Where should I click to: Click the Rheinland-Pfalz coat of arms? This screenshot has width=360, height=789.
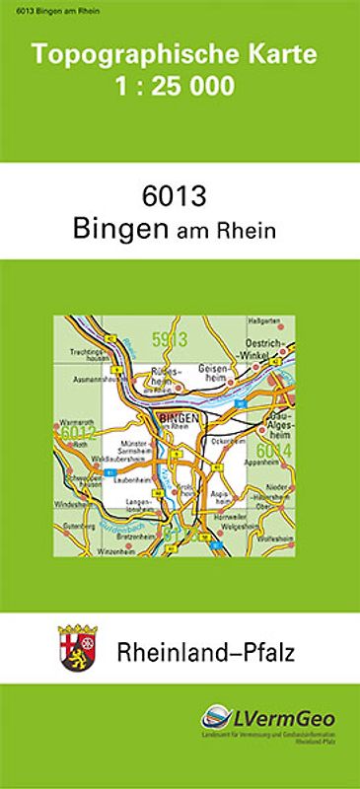tap(75, 648)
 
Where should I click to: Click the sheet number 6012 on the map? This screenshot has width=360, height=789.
tap(77, 432)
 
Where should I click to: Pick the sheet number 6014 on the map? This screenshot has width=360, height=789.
tap(277, 450)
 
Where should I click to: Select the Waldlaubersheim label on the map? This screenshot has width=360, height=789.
tap(90, 459)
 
